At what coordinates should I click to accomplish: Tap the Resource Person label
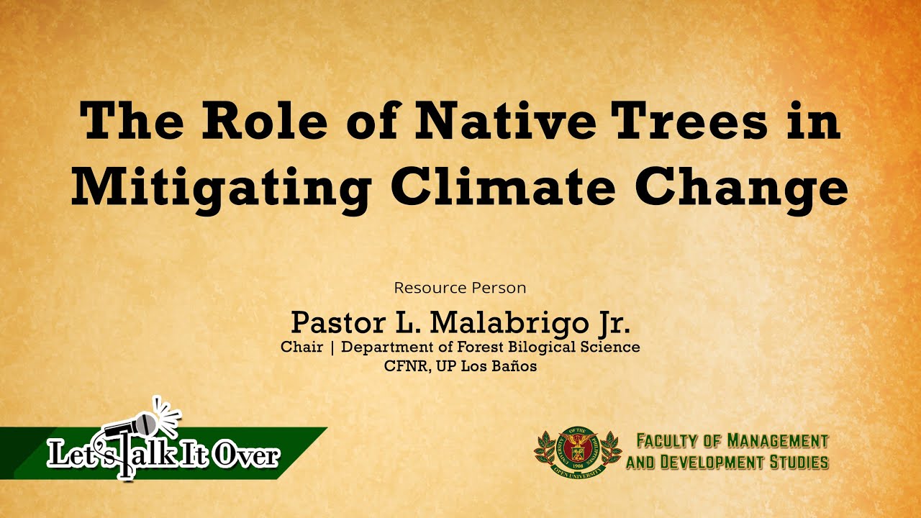460,288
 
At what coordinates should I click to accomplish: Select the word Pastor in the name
338,323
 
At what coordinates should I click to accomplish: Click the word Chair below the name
301,347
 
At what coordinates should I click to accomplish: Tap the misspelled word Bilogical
542,347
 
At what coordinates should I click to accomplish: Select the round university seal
577,450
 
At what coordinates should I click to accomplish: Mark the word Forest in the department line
481,347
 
